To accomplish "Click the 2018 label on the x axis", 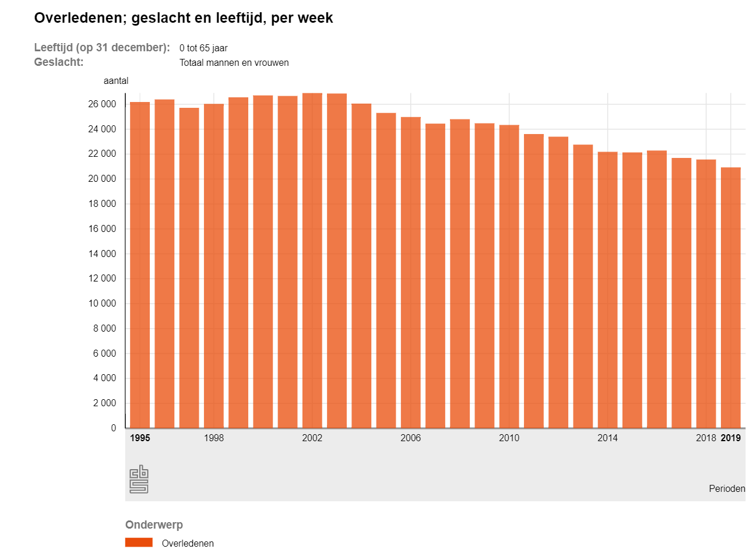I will [706, 438].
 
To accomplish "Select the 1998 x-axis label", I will [214, 438].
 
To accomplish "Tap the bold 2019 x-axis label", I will [731, 438].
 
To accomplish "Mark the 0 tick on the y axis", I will [114, 428].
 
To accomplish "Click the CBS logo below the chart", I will [139, 479].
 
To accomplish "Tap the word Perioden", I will [727, 488].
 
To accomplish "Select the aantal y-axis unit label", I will [116, 81].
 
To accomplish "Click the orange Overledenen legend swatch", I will [139, 543].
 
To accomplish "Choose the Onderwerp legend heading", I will [154, 525].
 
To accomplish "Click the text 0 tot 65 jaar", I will [203, 48].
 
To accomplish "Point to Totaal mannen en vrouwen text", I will [234, 62].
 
